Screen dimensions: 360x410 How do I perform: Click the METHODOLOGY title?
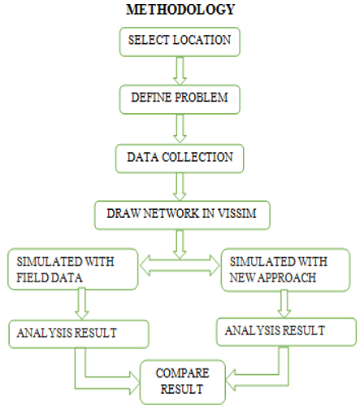180,9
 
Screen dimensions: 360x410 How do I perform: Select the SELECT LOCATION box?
180,41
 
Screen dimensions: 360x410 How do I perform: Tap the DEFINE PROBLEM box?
180,99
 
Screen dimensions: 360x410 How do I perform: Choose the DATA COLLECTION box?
180,159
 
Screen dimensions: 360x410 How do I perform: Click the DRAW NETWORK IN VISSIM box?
182,216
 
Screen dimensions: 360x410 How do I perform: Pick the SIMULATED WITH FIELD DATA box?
73,269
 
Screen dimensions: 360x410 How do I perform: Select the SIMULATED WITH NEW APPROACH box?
285,270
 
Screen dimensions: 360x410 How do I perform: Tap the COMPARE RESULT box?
183,382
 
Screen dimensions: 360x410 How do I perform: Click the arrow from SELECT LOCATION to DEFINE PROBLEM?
180,71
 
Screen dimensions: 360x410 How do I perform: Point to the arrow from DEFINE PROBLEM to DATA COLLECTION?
180,129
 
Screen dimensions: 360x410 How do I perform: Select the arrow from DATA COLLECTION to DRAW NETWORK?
180,187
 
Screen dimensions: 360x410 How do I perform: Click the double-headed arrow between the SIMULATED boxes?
180,266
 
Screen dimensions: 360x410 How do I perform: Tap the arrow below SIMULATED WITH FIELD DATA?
81,303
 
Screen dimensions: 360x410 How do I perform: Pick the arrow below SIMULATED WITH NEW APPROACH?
284,303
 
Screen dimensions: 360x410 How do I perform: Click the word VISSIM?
237,213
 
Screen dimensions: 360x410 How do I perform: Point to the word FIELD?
33,277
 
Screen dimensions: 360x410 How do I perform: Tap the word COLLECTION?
197,157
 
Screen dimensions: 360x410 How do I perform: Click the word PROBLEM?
201,98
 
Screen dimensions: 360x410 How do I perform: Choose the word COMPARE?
183,373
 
